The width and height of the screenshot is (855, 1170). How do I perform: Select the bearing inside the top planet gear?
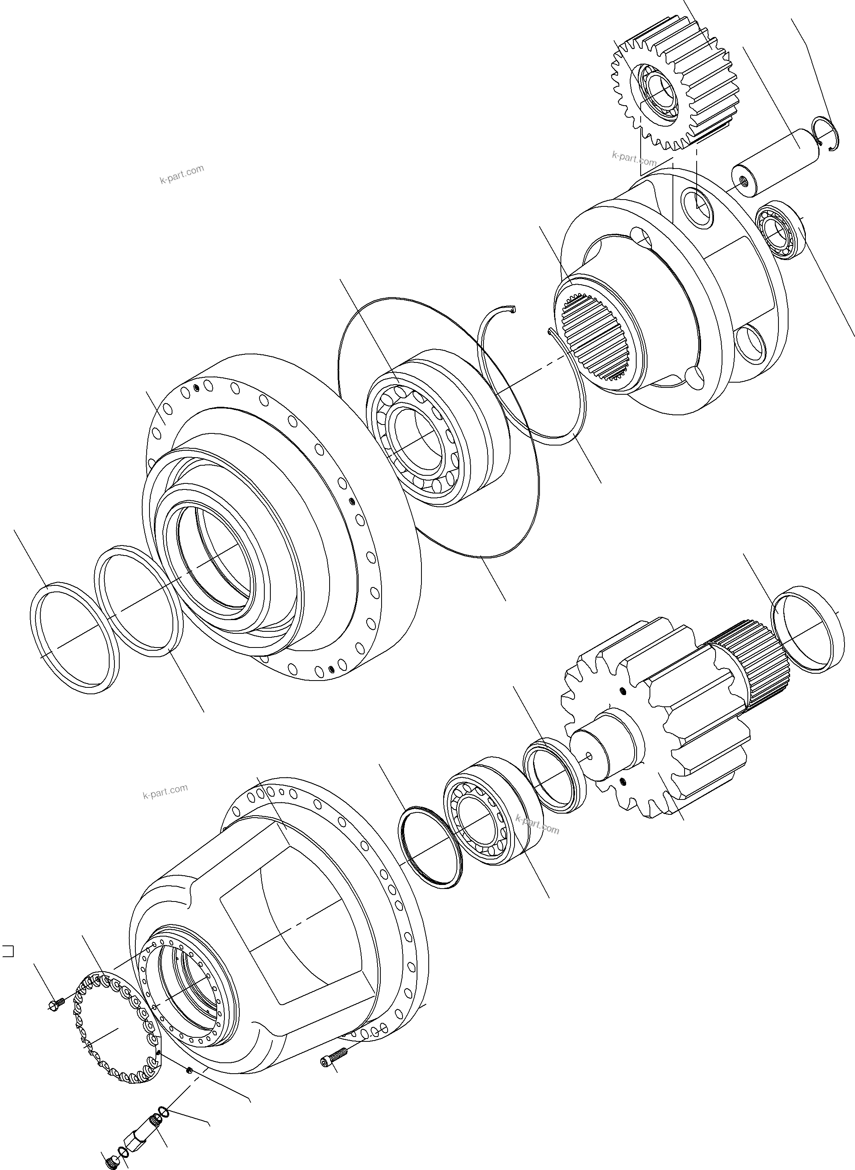[658, 92]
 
